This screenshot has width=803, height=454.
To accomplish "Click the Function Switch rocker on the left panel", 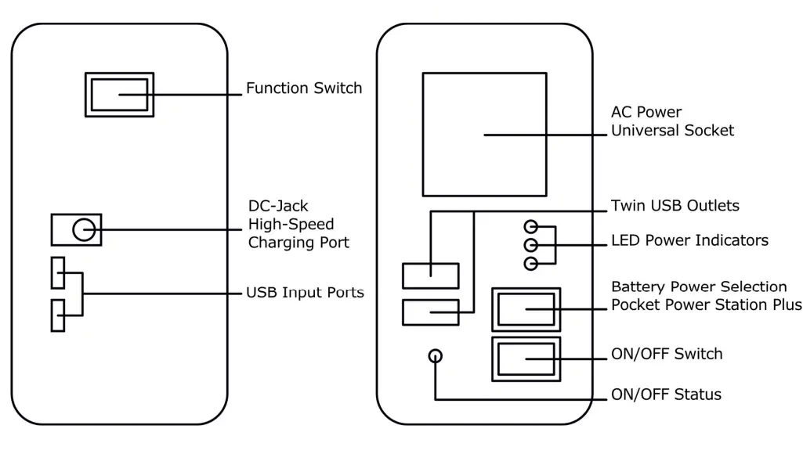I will coord(119,95).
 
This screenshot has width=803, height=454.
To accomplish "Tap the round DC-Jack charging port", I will coord(84,229).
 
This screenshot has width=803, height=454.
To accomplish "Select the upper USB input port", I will coord(58,272).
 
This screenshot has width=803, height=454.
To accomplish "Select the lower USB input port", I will coord(58,315).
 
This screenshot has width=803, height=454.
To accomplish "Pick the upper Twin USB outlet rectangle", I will coord(430,275).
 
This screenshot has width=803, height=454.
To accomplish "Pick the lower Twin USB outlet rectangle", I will coord(430,312).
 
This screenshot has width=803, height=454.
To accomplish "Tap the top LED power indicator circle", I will coord(532,227).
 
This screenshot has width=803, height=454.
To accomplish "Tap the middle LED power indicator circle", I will coord(532,245).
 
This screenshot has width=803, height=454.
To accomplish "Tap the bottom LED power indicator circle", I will coord(532,263).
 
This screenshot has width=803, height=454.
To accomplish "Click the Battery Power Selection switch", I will coord(526,309).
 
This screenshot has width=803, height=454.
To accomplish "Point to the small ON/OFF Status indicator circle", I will coord(436,356).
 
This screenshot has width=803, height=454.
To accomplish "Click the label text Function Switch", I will coord(304,88).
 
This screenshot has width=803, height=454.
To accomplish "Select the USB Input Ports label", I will coord(306,294).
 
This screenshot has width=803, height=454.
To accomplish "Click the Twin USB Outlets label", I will coord(675,207).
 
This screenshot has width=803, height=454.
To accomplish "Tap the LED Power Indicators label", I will coord(689,240).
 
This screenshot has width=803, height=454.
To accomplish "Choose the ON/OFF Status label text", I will coord(666,395).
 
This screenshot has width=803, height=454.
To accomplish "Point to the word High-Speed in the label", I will coord(291,225).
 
